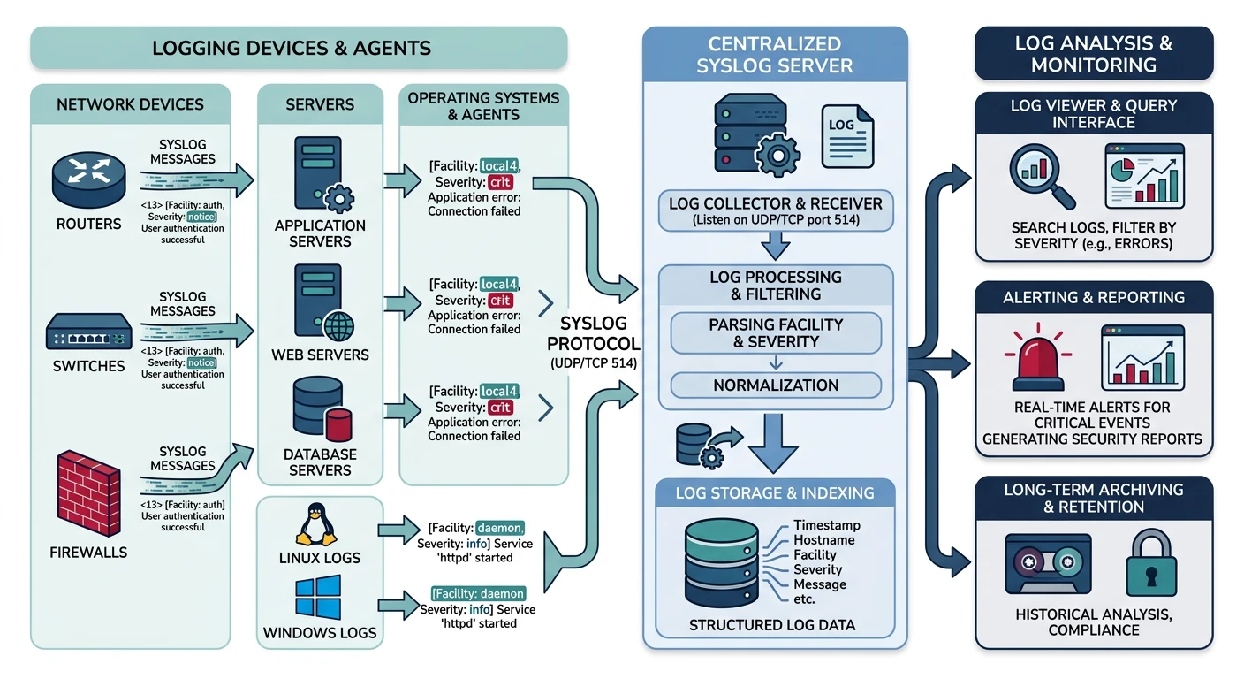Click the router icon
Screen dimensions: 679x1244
[x=87, y=179]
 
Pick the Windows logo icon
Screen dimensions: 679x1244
[x=319, y=599]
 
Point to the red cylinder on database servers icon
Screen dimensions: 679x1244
[x=339, y=424]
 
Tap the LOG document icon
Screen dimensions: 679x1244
[x=846, y=136]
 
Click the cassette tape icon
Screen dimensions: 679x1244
[x=1044, y=566]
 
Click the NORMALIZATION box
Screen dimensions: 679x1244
[x=776, y=385]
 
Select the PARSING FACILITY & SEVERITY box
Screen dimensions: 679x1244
[x=776, y=332]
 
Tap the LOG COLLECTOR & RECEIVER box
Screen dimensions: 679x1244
[x=776, y=210]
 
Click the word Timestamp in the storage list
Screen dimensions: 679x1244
[x=826, y=525]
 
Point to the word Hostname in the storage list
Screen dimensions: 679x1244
[x=823, y=540]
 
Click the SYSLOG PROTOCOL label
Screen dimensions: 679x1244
[x=593, y=333]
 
